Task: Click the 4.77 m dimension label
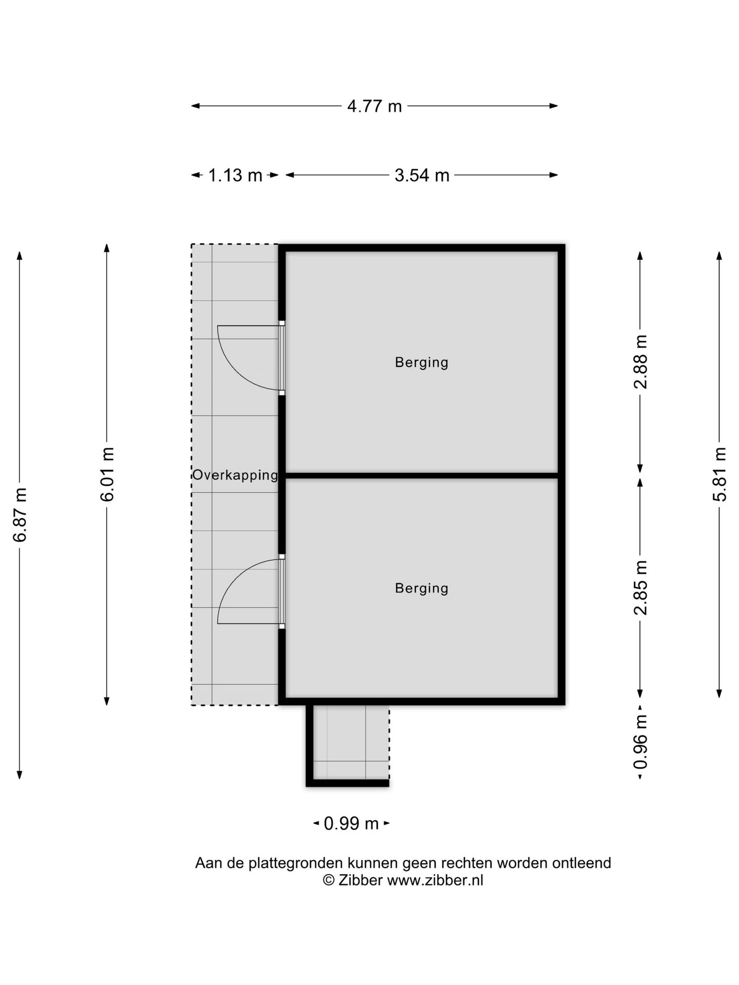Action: tap(374, 106)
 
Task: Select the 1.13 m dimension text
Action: tap(235, 175)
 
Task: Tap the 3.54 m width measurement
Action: tap(422, 175)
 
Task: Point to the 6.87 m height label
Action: tap(20, 515)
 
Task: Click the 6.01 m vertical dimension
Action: tap(107, 474)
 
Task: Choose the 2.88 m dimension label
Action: tap(640, 362)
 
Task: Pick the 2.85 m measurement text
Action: tap(640, 587)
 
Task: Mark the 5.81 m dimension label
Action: tap(720, 474)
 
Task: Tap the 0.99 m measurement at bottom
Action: tap(351, 823)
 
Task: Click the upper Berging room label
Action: tap(421, 363)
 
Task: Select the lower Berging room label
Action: tap(421, 588)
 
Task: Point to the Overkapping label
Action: tap(235, 475)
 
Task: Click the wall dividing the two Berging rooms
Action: tap(421, 476)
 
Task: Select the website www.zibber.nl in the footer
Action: tap(435, 880)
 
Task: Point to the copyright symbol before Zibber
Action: tap(328, 880)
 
